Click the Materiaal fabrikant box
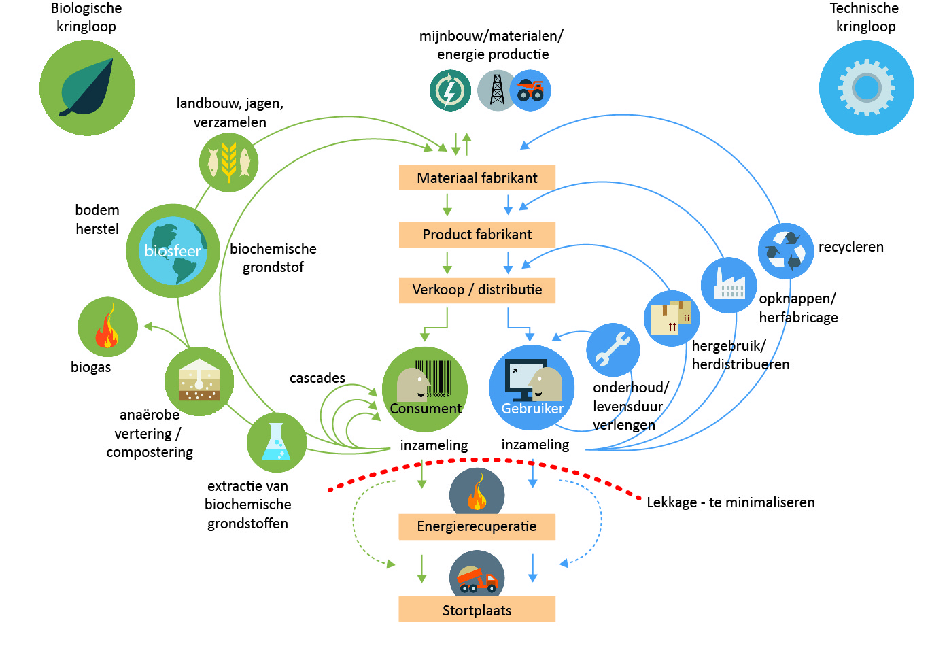click(x=477, y=177)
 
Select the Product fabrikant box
click(x=477, y=235)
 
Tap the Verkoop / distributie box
click(x=477, y=290)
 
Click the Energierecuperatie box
click(x=477, y=526)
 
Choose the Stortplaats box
click(x=477, y=610)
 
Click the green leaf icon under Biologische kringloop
click(x=87, y=88)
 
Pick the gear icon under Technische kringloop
click(x=866, y=88)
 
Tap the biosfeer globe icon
click(x=173, y=250)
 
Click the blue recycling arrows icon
click(x=785, y=251)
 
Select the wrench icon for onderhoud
click(x=613, y=349)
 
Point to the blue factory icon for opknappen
click(x=729, y=285)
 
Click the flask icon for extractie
click(x=276, y=443)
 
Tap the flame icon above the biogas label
click(x=107, y=327)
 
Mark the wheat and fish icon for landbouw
click(x=228, y=163)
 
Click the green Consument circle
click(x=424, y=389)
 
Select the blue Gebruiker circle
click(x=532, y=388)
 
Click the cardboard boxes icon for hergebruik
click(x=671, y=318)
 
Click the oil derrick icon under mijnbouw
click(x=497, y=90)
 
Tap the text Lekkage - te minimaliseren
click(x=730, y=502)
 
